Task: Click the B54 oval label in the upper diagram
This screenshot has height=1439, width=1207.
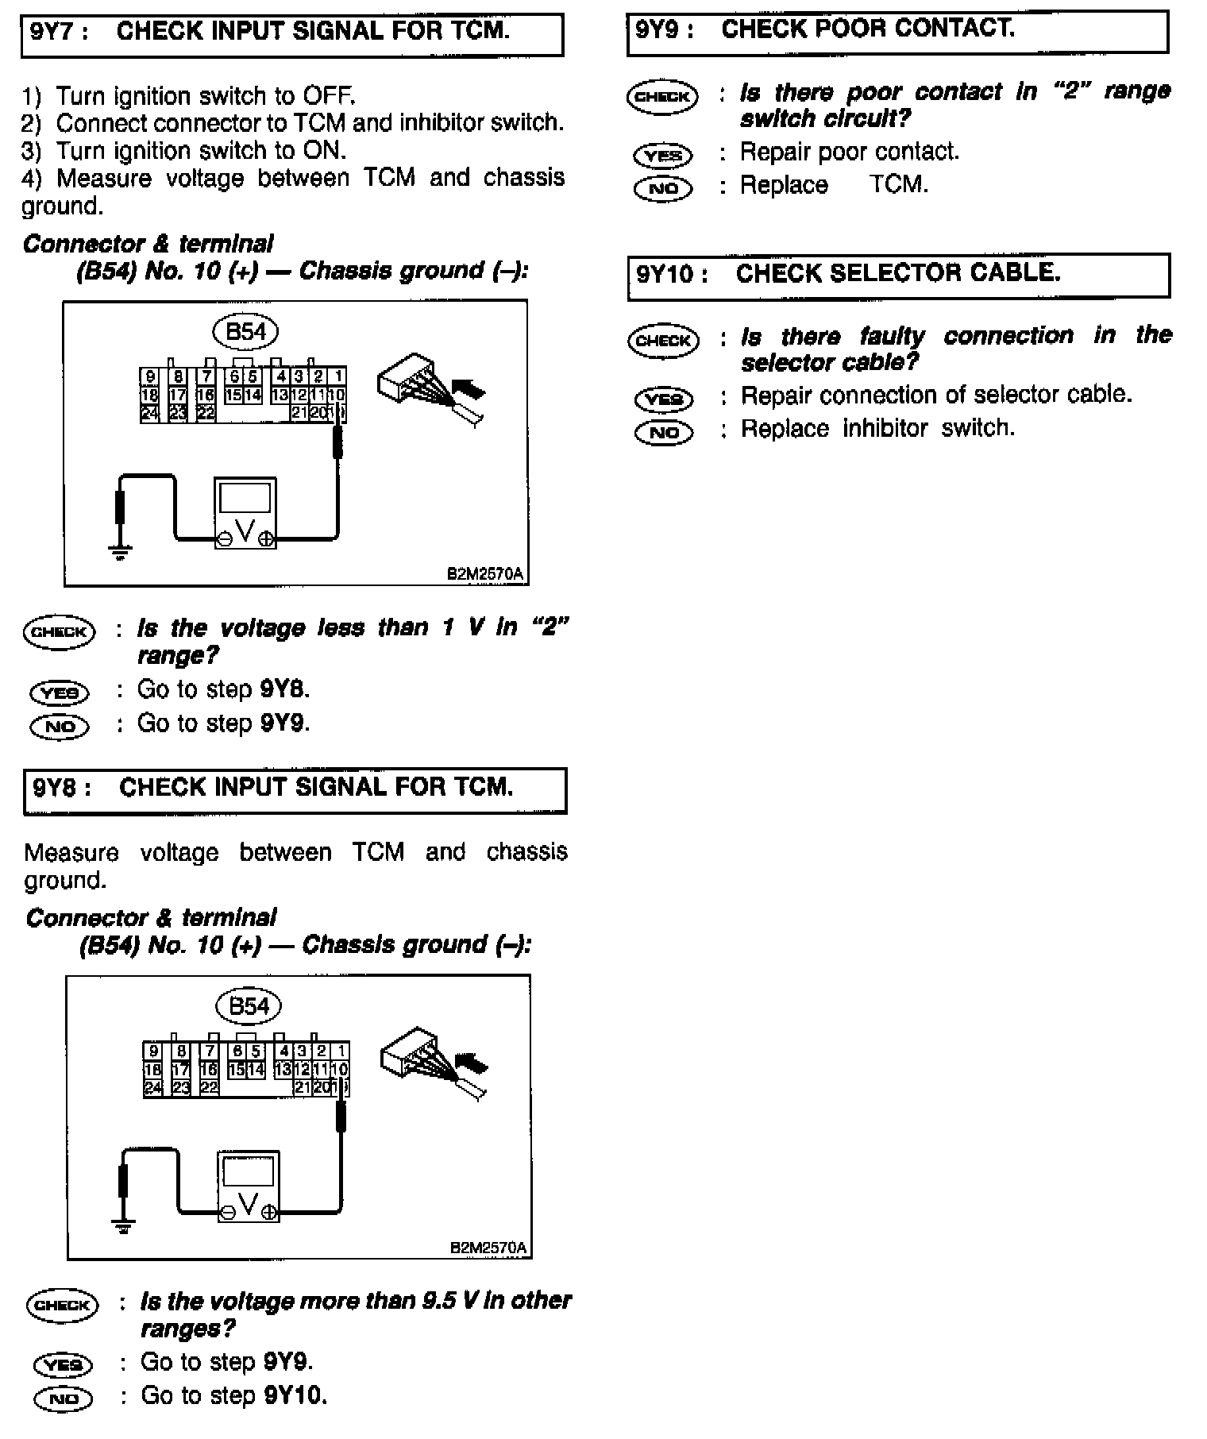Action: (x=245, y=331)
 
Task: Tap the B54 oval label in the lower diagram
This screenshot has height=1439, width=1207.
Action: (x=249, y=1006)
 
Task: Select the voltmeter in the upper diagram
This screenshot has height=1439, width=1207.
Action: (x=245, y=513)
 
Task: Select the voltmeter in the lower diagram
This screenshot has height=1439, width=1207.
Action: (x=249, y=1186)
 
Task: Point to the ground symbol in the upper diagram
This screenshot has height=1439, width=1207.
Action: (x=121, y=549)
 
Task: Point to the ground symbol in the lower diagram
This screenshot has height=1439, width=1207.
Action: (x=123, y=1224)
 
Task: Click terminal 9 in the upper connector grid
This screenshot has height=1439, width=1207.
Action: (x=150, y=376)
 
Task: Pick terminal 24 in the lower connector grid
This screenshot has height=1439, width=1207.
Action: (x=152, y=1087)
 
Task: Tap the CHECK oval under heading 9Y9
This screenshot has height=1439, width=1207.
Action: (x=662, y=97)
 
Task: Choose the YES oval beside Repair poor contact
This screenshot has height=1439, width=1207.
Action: (x=663, y=155)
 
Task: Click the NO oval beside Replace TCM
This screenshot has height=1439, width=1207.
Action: (x=663, y=188)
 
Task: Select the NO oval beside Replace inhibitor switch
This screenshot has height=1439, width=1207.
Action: (x=664, y=432)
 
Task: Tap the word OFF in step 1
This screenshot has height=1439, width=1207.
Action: (x=327, y=96)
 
